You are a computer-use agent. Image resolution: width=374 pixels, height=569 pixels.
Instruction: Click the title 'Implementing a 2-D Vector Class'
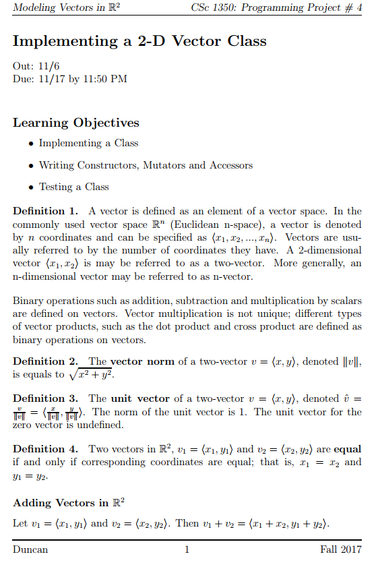(x=139, y=41)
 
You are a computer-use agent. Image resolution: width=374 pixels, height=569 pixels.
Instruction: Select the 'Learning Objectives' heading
(x=76, y=123)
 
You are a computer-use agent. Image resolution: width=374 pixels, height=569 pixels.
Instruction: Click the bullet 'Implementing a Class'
(x=88, y=143)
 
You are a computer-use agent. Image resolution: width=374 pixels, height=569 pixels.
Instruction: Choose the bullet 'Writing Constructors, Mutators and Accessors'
(x=146, y=165)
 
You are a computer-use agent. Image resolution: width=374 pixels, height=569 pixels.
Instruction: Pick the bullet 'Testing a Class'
(x=73, y=187)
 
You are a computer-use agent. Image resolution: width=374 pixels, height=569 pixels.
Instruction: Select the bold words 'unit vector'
(x=138, y=398)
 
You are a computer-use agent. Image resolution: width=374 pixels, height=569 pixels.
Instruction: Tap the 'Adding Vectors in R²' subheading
(x=69, y=503)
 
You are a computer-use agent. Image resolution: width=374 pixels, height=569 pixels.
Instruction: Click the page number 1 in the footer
(x=187, y=550)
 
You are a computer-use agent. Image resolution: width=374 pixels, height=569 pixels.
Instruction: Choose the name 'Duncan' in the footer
(x=30, y=550)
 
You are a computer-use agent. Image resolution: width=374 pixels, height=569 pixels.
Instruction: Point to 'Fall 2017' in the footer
(x=341, y=550)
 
